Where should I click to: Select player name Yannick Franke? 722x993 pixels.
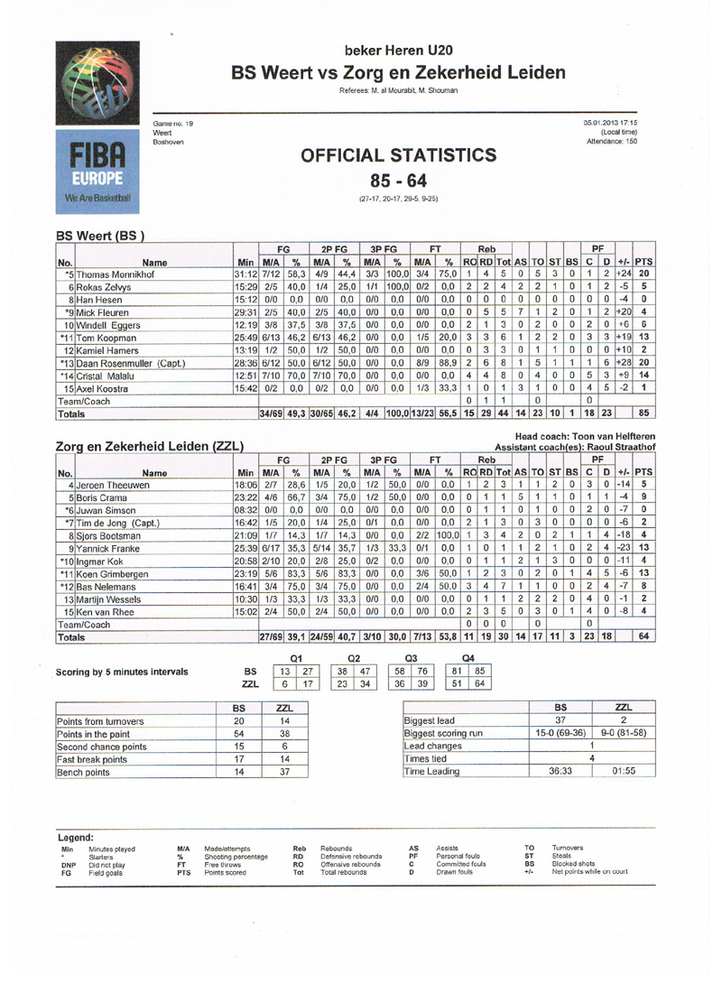(x=107, y=549)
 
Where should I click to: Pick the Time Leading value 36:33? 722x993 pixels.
(x=560, y=774)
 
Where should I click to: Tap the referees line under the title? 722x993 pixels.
(x=398, y=90)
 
